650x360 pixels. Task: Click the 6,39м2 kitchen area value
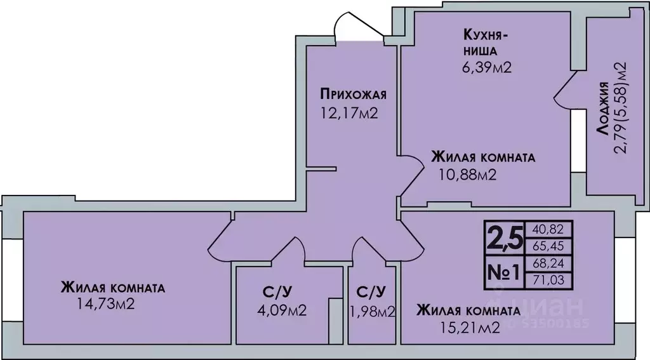487,67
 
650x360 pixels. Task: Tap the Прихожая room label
353,96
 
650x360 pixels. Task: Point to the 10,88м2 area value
467,173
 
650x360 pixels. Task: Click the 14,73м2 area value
105,305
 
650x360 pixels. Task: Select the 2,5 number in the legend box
504,238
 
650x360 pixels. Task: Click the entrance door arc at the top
352,25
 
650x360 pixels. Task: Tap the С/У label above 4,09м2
277,292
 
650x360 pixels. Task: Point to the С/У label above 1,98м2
371,292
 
